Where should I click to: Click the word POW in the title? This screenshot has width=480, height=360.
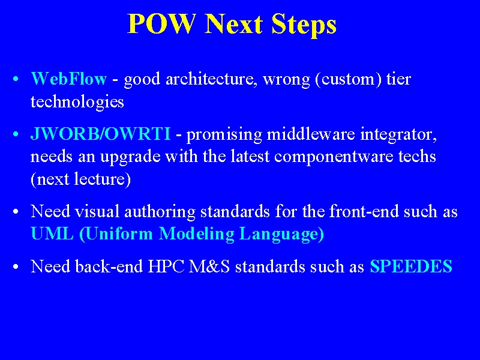(x=161, y=24)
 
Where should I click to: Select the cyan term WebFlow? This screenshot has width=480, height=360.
(x=69, y=79)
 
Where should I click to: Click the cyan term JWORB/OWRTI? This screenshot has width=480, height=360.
(x=100, y=134)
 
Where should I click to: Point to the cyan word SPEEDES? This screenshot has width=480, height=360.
(x=411, y=266)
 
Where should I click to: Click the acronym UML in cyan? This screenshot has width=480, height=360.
(x=52, y=233)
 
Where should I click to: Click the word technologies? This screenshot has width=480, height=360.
(x=77, y=102)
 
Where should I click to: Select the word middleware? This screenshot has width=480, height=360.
(x=311, y=134)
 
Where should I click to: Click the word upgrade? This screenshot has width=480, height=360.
(x=130, y=157)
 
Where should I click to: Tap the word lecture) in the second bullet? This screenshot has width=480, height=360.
(x=103, y=179)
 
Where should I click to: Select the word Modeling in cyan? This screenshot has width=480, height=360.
(x=197, y=234)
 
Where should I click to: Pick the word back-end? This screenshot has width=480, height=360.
(x=109, y=266)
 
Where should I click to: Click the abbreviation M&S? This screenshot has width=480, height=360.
(x=209, y=266)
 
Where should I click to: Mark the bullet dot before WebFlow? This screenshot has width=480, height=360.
(x=16, y=79)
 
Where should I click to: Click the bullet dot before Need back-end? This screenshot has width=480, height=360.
(x=16, y=266)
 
